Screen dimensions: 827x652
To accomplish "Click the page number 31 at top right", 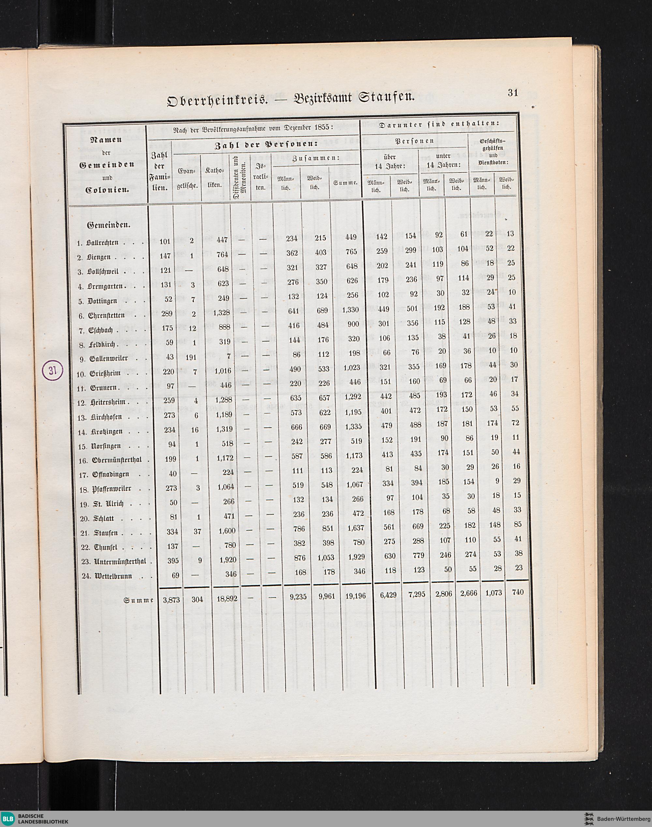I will point(513,92).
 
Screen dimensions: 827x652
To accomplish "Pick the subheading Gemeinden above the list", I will point(109,225).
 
